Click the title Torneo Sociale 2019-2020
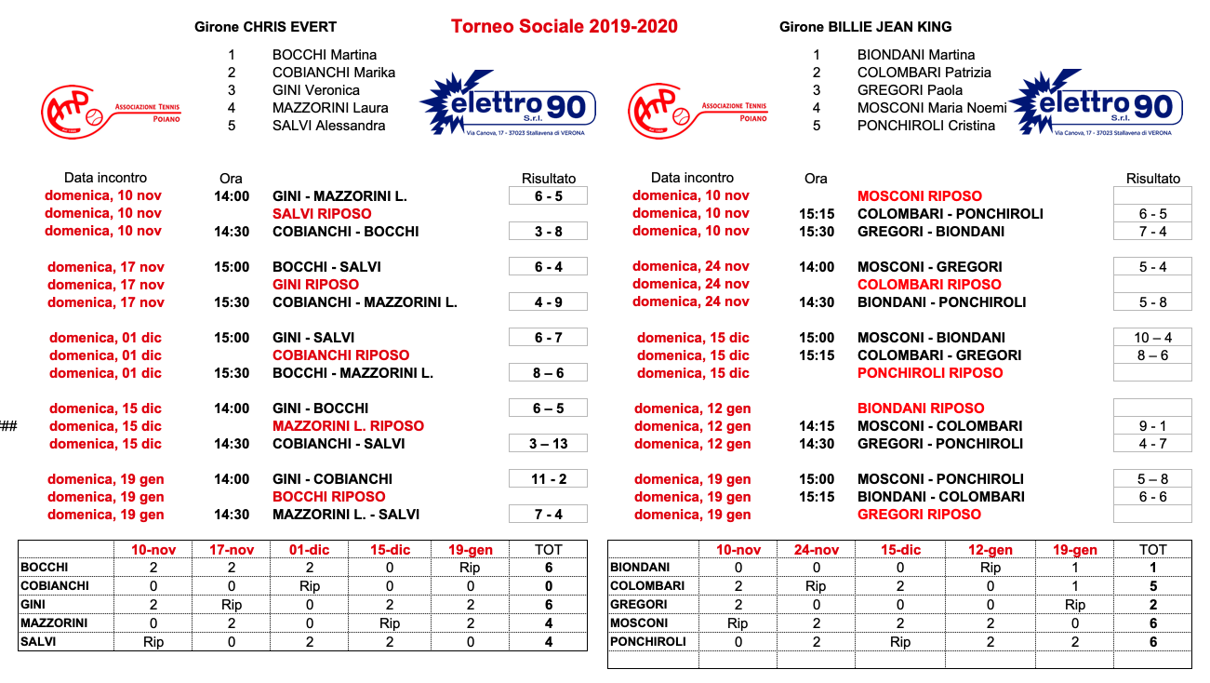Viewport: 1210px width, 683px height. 564,26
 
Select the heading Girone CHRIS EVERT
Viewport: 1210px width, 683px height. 265,27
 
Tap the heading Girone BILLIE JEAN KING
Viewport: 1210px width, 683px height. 865,27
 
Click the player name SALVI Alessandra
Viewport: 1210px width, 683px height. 328,126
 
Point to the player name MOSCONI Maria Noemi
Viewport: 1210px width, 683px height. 932,108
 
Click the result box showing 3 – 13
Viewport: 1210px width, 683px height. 548,444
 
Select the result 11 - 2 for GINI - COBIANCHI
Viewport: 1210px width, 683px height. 548,479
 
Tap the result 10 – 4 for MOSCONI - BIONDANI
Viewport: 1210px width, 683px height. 1152,338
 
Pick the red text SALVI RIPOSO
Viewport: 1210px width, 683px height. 322,214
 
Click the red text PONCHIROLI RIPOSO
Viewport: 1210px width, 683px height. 930,373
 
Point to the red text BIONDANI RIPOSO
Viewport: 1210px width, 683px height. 921,408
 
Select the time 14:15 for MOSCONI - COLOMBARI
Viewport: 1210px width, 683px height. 816,426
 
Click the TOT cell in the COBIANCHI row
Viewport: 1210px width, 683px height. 548,586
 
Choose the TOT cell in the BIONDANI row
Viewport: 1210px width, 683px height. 1152,568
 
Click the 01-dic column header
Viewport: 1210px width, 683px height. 311,550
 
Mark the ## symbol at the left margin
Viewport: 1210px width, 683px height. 8,426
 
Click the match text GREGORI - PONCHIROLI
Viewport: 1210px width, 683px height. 939,444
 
